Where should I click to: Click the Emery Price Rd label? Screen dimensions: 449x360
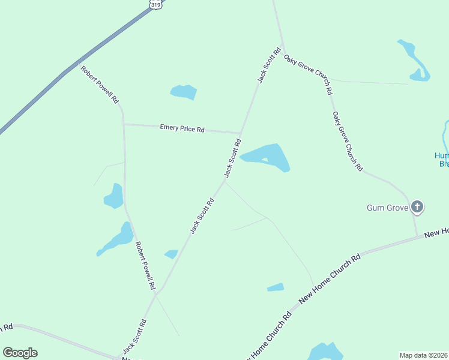tap(182, 128)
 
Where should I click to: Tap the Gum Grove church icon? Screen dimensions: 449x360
tap(417, 208)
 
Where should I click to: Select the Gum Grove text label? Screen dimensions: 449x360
tap(387, 208)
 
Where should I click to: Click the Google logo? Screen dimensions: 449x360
tap(20, 352)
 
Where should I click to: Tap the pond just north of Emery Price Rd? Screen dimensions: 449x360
tap(184, 92)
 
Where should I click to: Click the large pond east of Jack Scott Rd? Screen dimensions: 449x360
tap(267, 157)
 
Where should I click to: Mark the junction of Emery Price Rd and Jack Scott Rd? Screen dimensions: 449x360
tap(241, 133)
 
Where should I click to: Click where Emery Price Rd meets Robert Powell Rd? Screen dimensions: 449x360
tap(124, 124)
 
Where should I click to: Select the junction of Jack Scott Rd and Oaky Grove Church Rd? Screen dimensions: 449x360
tap(283, 49)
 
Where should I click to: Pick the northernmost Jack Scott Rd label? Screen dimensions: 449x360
tap(269, 65)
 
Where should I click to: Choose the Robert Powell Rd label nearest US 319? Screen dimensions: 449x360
tap(100, 85)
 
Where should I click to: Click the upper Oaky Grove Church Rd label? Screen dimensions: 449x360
tap(309, 75)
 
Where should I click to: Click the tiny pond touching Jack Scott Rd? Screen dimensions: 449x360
tap(172, 254)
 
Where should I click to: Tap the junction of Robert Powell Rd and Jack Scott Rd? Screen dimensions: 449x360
tap(157, 292)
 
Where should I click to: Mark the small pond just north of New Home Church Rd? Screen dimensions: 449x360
tap(276, 287)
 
